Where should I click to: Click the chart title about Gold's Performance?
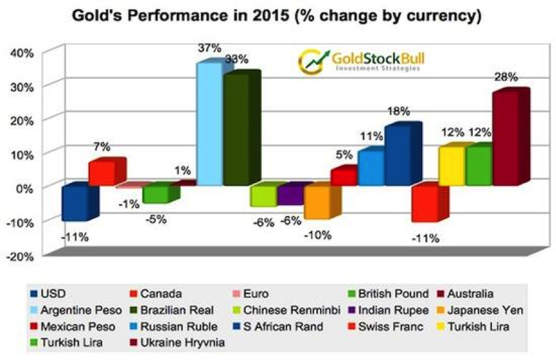[x=277, y=16]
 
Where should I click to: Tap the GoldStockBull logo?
[x=361, y=61]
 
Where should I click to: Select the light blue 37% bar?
[x=209, y=122]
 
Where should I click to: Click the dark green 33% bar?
[x=241, y=128]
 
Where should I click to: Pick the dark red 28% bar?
[x=511, y=137]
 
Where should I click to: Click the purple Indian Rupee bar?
[x=290, y=195]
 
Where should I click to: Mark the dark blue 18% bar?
[x=403, y=153]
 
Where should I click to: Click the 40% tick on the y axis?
[x=23, y=53]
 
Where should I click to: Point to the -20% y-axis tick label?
[x=20, y=257]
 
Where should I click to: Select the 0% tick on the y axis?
[x=25, y=188]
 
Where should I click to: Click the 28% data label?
[x=506, y=77]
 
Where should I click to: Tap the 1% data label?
[x=182, y=171]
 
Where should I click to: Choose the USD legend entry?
[x=48, y=293]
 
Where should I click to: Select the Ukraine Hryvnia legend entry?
[x=177, y=343]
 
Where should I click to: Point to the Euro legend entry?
[x=250, y=293]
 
